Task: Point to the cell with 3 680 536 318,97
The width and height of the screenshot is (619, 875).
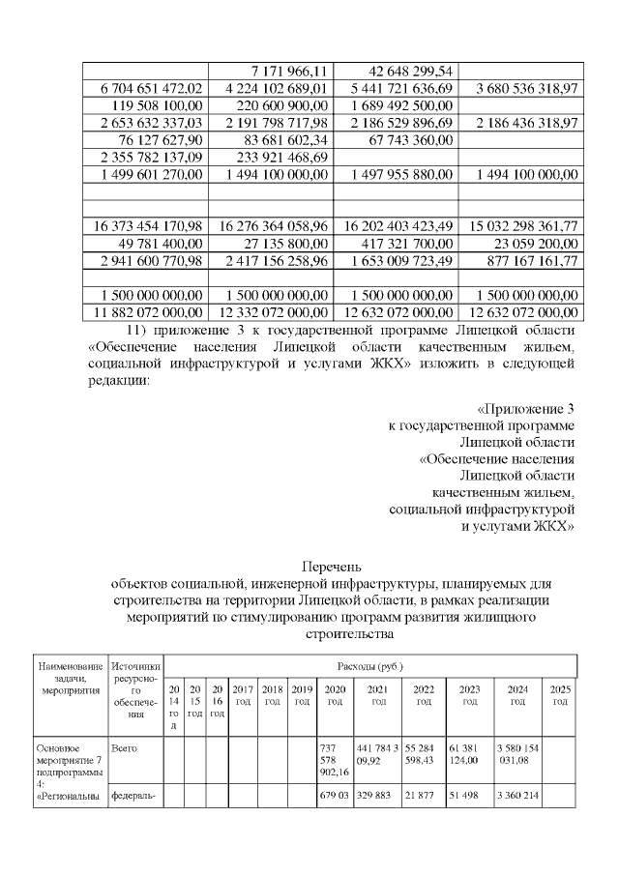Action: click(527, 89)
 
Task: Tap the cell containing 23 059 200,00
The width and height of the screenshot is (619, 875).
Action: click(535, 244)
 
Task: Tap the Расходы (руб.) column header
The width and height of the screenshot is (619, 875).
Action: click(369, 666)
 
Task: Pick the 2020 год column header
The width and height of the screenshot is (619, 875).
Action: click(335, 694)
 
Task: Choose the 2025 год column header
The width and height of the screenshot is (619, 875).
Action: click(560, 694)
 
